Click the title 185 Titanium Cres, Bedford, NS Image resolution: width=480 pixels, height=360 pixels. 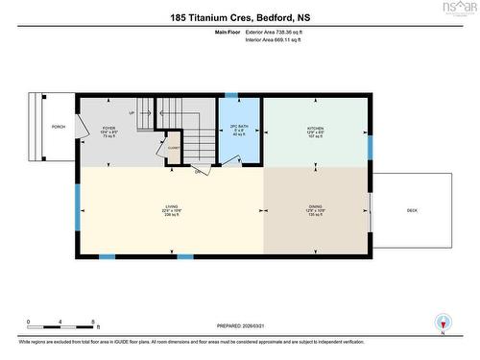click(239, 17)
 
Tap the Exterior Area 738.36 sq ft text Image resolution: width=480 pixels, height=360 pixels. click(280, 33)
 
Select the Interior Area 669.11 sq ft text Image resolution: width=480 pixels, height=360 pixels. click(279, 42)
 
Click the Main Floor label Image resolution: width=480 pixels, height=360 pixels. click(226, 33)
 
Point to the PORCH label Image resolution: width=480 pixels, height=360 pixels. click(44, 127)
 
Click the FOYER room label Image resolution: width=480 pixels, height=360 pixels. click(109, 126)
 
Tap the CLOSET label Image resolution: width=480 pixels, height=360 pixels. click(174, 148)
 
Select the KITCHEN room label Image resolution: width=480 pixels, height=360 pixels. click(316, 127)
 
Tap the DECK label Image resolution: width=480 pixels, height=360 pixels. click(412, 210)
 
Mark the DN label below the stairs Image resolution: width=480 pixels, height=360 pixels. click(197, 173)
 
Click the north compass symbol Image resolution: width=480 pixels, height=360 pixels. click(442, 324)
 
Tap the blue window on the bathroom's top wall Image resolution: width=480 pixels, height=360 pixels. click(230, 94)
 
